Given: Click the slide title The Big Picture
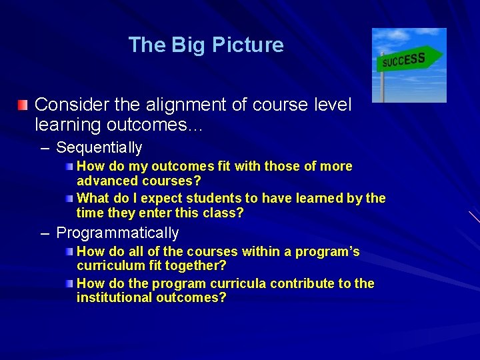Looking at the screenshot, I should click(x=205, y=45).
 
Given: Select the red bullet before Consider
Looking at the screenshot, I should click(x=23, y=105).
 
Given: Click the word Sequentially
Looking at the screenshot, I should click(x=99, y=147).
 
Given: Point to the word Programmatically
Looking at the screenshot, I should click(x=117, y=233).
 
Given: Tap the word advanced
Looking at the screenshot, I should click(x=105, y=181).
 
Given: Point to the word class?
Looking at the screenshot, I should click(x=225, y=213).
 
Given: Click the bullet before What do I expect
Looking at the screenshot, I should click(x=71, y=198).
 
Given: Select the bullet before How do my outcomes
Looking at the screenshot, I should click(x=71, y=166).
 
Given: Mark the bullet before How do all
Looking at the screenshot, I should click(x=71, y=251).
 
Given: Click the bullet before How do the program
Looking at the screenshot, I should click(x=71, y=283).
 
